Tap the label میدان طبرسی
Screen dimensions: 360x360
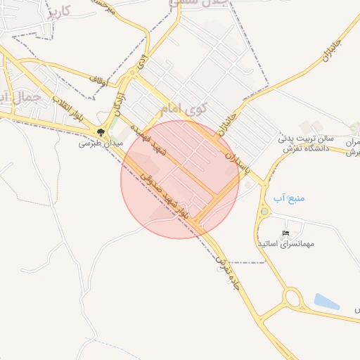click(x=100, y=142)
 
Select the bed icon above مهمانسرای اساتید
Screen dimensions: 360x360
click(x=285, y=233)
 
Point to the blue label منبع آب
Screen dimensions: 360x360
click(x=288, y=198)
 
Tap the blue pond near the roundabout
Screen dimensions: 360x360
click(x=327, y=302)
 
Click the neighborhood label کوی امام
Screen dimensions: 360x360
click(x=184, y=110)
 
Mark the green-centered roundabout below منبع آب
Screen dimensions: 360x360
click(x=264, y=211)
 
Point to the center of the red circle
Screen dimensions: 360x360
click(x=180, y=179)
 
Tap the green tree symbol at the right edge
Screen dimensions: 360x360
click(x=355, y=128)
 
